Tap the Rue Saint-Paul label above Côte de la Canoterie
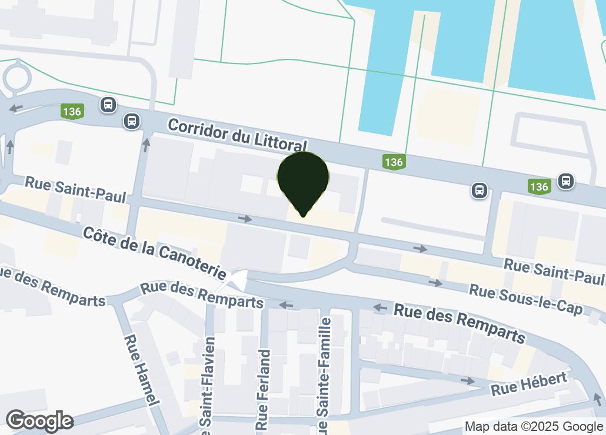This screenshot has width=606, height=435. [x=75, y=190]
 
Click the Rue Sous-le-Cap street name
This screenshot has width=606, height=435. [x=525, y=300]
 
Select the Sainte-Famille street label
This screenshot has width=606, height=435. [x=322, y=376]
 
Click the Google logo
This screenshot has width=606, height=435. [x=39, y=421]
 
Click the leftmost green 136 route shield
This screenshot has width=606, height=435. [x=72, y=111]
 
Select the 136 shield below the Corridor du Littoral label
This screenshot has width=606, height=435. [x=393, y=161]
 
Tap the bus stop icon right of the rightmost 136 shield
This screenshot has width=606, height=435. [x=566, y=180]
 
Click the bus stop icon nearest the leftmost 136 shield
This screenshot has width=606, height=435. [x=108, y=105]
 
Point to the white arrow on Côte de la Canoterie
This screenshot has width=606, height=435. [x=238, y=282]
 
